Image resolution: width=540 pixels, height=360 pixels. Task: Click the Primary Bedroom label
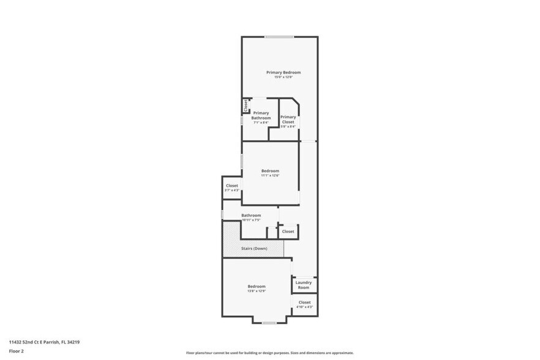(283, 72)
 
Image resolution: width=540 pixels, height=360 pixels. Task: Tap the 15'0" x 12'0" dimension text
(283, 77)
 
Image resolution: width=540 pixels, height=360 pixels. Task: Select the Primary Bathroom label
(261, 115)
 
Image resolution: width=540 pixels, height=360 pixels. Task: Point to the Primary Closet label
(288, 119)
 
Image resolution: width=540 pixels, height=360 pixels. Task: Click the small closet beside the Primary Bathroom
(246, 106)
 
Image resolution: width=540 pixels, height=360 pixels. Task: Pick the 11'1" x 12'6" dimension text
(270, 176)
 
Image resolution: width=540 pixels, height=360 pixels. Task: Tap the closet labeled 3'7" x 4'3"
(232, 187)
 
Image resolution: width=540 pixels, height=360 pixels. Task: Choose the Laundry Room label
(304, 285)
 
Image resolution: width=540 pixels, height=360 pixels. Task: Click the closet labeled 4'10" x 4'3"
(304, 304)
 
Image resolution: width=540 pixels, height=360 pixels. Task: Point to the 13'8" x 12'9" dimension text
(256, 291)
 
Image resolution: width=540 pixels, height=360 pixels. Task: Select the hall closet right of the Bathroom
(288, 231)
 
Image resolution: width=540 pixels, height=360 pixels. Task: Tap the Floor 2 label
(17, 351)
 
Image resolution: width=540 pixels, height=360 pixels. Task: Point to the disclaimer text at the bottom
(269, 353)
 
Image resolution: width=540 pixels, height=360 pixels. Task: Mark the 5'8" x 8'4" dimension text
(288, 127)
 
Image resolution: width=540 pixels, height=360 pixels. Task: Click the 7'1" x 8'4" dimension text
(261, 122)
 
